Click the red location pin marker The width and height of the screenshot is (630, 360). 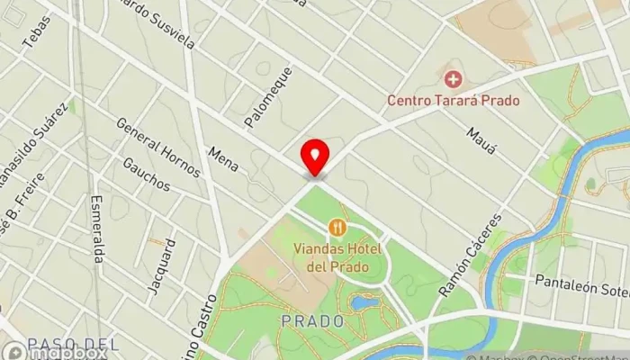coord(314,157)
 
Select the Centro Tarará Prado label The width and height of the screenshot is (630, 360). coord(454,100)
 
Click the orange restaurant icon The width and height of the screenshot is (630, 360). coord(337,226)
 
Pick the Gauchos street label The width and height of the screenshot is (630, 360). coord(146,174)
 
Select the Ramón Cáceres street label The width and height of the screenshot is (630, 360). coord(454,270)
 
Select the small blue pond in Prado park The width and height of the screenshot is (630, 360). coord(364,302)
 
